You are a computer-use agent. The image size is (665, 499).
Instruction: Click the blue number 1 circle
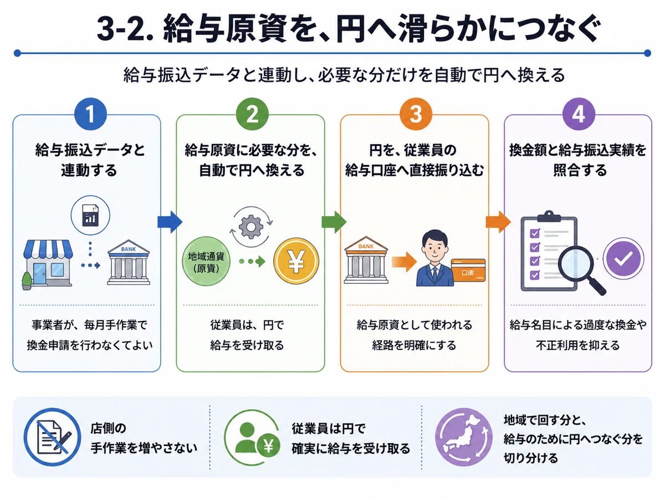[x=90, y=114]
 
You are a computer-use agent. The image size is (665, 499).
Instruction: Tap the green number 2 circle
[x=252, y=114]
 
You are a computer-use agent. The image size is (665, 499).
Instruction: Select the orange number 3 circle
[x=416, y=114]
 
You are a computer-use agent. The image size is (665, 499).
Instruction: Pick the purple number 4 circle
[x=579, y=114]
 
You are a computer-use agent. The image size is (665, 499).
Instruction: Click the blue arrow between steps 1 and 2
[x=170, y=222]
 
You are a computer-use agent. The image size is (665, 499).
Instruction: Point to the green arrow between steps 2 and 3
[x=334, y=222]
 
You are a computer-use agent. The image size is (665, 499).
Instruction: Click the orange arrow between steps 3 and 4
[x=498, y=222]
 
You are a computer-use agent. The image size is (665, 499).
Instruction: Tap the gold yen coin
[x=296, y=261]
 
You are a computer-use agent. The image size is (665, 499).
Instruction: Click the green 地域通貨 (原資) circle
[x=206, y=262]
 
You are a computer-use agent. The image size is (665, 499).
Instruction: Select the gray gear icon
[x=251, y=227]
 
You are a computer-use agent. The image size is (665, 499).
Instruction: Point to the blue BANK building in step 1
[x=129, y=262]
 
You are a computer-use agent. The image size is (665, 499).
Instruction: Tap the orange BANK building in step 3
[x=366, y=260]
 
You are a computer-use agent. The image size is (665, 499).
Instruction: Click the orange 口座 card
[x=468, y=270]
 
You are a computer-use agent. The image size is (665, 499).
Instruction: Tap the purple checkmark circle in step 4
[x=623, y=258]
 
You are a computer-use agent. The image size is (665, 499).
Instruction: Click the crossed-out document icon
[x=53, y=437]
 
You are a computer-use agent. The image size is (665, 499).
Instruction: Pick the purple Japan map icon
[x=464, y=437]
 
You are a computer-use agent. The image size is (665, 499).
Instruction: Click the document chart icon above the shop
[x=90, y=215]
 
